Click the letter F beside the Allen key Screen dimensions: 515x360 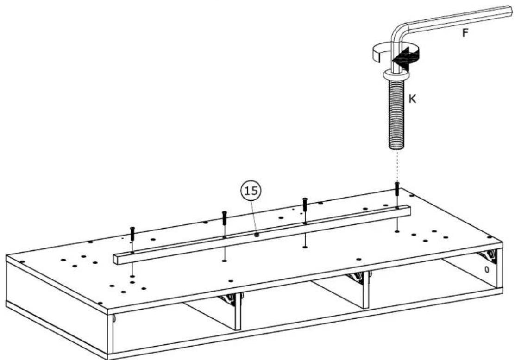(x=465, y=33)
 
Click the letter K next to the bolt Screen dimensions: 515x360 (x=413, y=99)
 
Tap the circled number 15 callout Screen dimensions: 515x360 (x=251, y=191)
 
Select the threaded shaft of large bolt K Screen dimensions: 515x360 (x=397, y=114)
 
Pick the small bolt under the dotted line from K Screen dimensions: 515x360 (x=397, y=190)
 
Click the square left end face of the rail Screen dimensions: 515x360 (x=117, y=259)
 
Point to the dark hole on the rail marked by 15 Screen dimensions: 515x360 (x=257, y=234)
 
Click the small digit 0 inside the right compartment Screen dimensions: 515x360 (x=487, y=270)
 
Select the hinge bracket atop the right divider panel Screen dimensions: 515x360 (x=358, y=278)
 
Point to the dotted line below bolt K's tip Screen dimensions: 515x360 (x=397, y=166)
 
